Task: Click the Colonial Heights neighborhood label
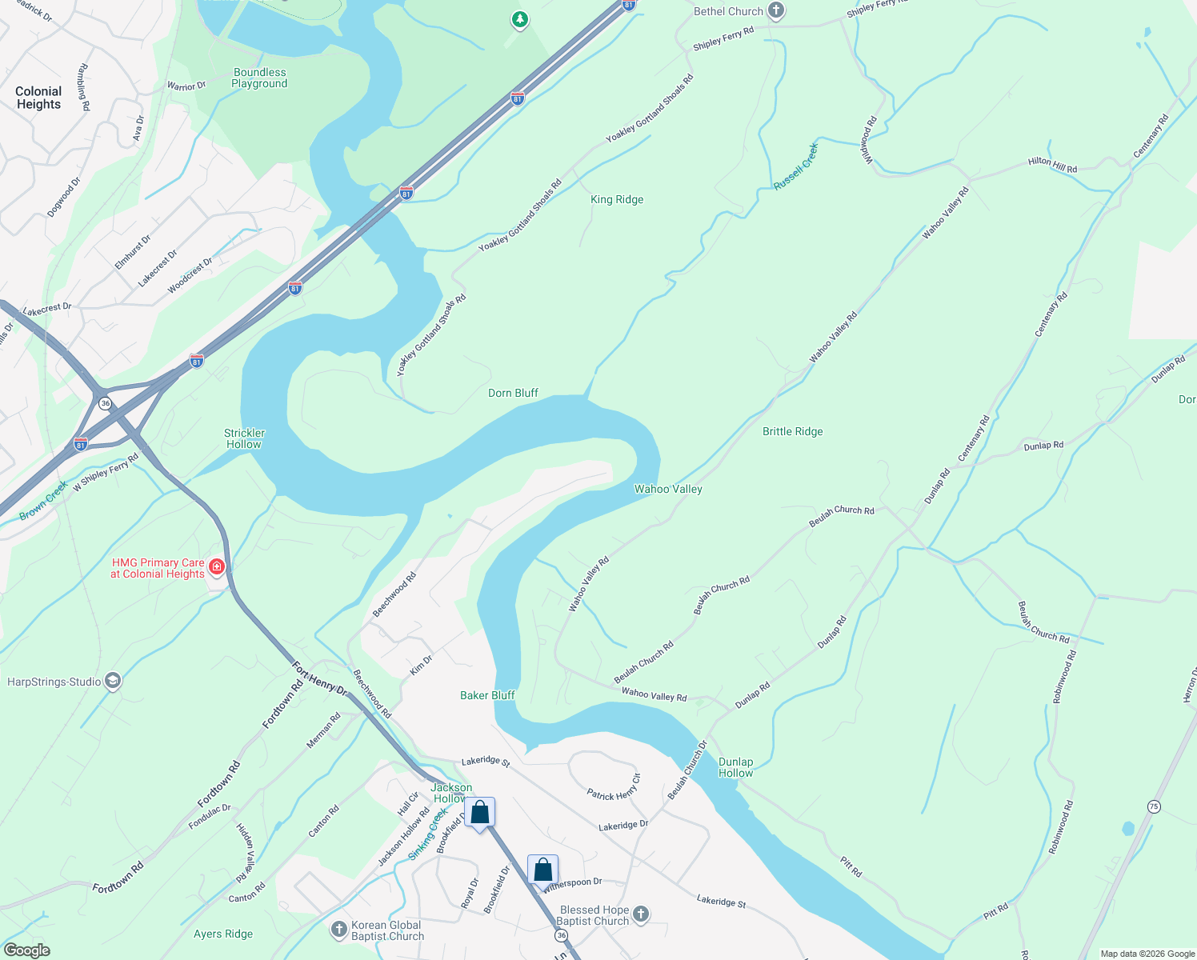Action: click(38, 98)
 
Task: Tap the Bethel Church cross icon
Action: click(775, 11)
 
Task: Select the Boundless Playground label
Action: click(259, 78)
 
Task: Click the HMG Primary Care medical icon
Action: click(216, 568)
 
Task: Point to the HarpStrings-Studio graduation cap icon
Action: click(113, 682)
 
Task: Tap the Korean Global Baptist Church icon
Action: click(339, 930)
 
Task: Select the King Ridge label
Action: click(616, 199)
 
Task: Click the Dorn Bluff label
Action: click(513, 393)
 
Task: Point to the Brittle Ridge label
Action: click(792, 431)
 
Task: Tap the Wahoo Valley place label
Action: click(668, 489)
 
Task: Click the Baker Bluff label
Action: click(487, 695)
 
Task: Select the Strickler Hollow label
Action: click(244, 438)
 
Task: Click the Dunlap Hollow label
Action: click(735, 767)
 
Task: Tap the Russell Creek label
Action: click(795, 166)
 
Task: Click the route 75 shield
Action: click(1153, 806)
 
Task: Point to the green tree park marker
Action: click(520, 19)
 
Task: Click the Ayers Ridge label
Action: click(223, 934)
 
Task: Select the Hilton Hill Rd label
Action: click(1052, 165)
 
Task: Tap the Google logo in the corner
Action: click(27, 950)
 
